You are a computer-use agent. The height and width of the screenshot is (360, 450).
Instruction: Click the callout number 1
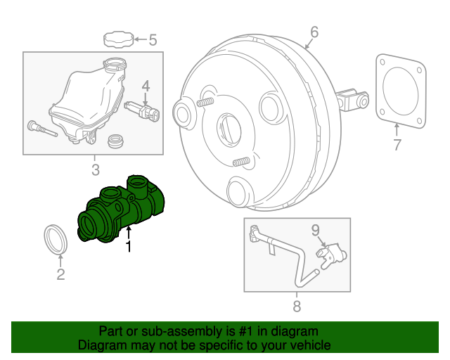click(x=129, y=247)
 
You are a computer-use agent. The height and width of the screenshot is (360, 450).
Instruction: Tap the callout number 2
click(x=60, y=274)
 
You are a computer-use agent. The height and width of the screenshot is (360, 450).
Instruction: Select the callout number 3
click(x=95, y=169)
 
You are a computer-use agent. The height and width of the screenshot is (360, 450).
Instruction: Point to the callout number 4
click(x=146, y=86)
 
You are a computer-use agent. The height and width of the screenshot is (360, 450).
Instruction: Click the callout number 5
click(x=153, y=39)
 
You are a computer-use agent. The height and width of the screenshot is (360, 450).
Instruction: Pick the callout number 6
click(x=314, y=32)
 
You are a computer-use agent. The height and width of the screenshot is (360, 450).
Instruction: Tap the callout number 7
click(x=397, y=146)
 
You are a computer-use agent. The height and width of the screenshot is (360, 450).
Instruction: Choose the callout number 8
click(x=296, y=306)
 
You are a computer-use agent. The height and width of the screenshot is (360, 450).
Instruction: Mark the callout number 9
click(x=315, y=229)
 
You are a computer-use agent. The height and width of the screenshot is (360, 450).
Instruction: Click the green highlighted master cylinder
click(x=123, y=211)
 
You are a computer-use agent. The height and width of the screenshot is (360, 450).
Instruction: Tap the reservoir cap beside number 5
click(x=117, y=38)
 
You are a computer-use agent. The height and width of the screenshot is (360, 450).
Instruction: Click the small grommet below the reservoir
click(x=115, y=142)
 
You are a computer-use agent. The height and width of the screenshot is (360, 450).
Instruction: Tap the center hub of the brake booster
click(x=230, y=128)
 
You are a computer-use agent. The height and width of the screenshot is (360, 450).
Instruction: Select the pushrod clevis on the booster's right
click(x=354, y=99)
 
